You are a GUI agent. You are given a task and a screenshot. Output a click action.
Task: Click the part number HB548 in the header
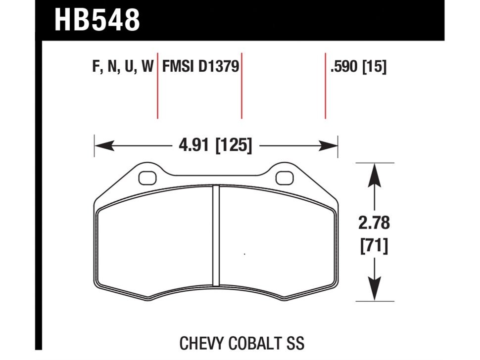pos(97,20)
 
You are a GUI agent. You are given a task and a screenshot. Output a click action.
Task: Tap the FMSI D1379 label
pos(200,66)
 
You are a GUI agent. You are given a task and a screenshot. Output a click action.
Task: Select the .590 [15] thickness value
pos(358,66)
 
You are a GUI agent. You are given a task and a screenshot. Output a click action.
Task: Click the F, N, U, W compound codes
pos(122,66)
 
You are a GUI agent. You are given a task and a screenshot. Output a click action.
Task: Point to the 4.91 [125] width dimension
pos(216,145)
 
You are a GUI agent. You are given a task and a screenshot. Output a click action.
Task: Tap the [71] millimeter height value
pos(374,246)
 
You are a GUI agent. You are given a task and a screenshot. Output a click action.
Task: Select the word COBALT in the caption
pos(256,344)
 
